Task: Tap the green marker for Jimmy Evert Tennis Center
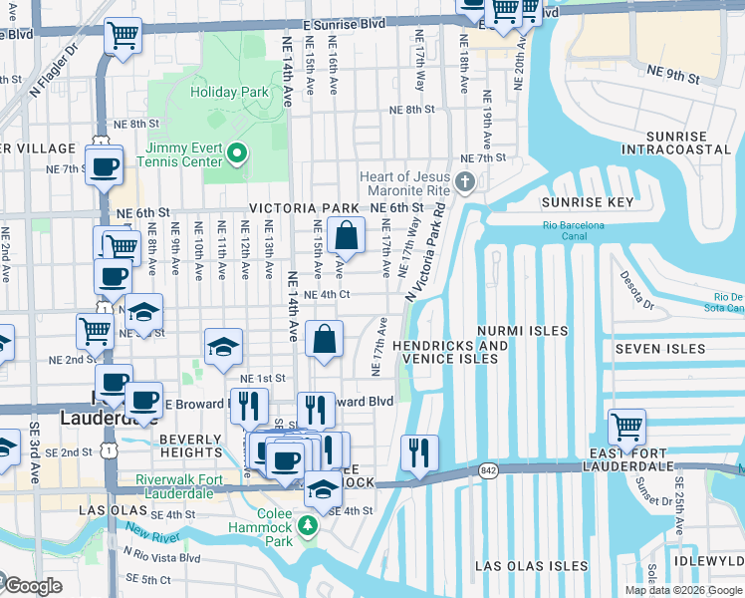[x=236, y=153]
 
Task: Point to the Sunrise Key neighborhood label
[x=588, y=202]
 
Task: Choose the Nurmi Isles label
[x=522, y=330]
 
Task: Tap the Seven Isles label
[x=660, y=349]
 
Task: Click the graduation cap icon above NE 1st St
[x=223, y=347]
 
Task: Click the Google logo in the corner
[x=32, y=587]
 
